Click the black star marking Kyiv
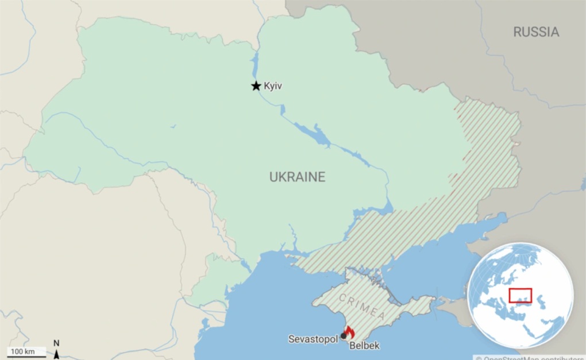pos(256,86)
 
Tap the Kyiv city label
pos(273,86)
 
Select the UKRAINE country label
pos(297,177)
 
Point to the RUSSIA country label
pos(535,32)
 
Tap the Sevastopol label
pos(313,339)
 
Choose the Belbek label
pos(365,346)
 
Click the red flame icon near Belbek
pos(349,332)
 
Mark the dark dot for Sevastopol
pos(344,336)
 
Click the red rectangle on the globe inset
pos(521,295)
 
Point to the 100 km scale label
pos(22,351)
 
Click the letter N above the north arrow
pos(56,343)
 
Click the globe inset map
pos(521,295)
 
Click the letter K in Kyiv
pos(267,86)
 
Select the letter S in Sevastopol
pos(291,339)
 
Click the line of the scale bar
pos(26,357)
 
